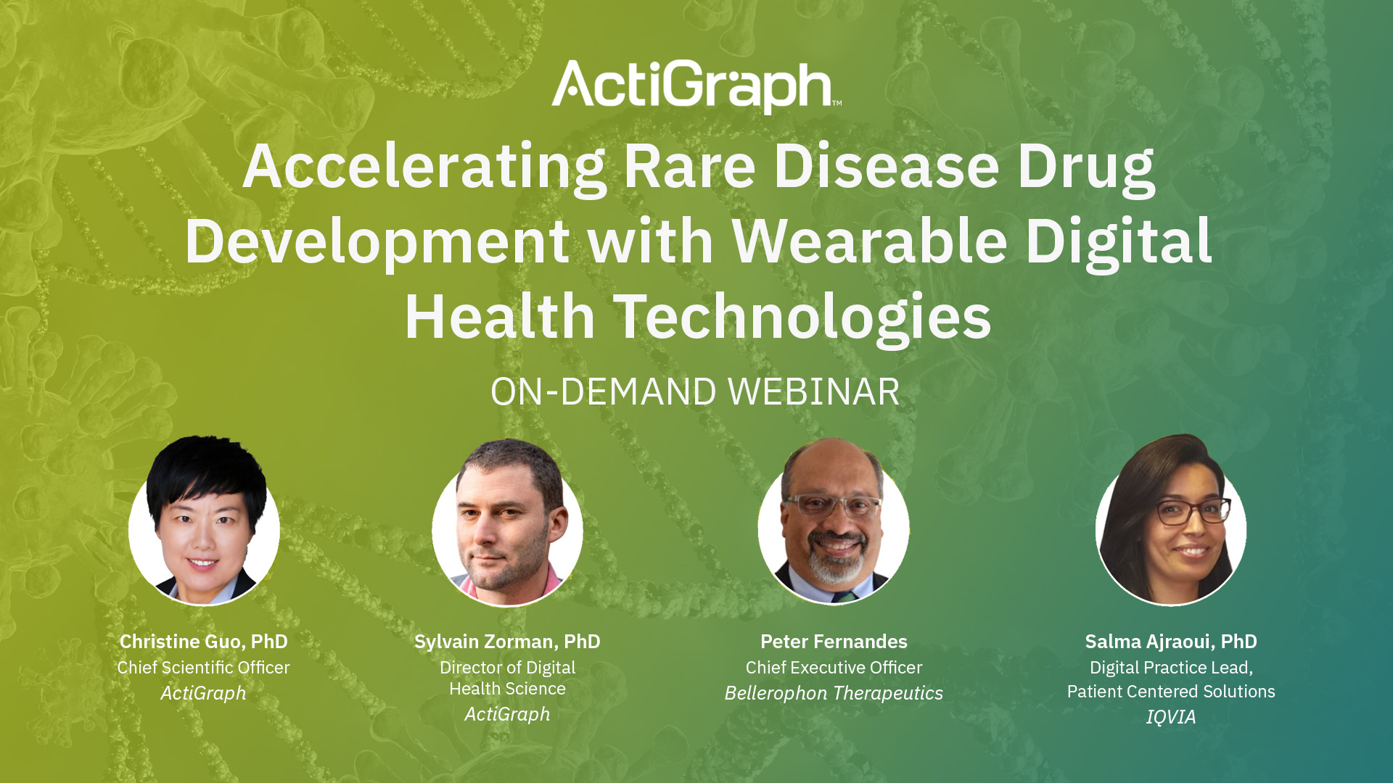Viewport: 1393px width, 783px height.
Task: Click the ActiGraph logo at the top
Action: (x=695, y=86)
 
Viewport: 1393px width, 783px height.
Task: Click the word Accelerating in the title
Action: (x=424, y=167)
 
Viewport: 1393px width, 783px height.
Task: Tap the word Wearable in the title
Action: (x=870, y=241)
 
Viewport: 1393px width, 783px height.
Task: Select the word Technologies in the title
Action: (x=802, y=317)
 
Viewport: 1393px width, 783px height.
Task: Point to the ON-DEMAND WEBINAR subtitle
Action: (x=695, y=392)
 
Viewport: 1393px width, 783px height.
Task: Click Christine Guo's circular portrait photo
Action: (x=204, y=522)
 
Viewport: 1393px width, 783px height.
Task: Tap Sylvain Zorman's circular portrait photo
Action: (x=507, y=523)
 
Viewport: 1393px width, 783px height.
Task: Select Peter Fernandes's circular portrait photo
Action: (x=834, y=522)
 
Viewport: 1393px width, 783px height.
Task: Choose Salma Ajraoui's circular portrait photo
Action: (x=1170, y=521)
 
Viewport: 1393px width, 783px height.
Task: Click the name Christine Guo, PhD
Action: (x=204, y=642)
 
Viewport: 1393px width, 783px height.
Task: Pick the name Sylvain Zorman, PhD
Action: (x=507, y=642)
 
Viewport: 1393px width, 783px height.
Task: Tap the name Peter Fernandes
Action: (x=834, y=642)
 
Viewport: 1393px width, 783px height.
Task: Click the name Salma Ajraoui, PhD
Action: (x=1170, y=642)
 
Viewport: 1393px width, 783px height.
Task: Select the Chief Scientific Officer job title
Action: (x=204, y=668)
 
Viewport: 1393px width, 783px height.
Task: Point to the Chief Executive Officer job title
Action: (x=834, y=668)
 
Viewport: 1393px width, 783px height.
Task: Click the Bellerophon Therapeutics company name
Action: (x=834, y=693)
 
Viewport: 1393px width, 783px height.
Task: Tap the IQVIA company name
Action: (x=1170, y=717)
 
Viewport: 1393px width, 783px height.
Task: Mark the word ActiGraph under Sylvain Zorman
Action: (x=507, y=714)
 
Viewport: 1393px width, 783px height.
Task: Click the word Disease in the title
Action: (x=887, y=167)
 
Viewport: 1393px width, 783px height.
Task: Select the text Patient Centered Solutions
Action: (x=1170, y=692)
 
